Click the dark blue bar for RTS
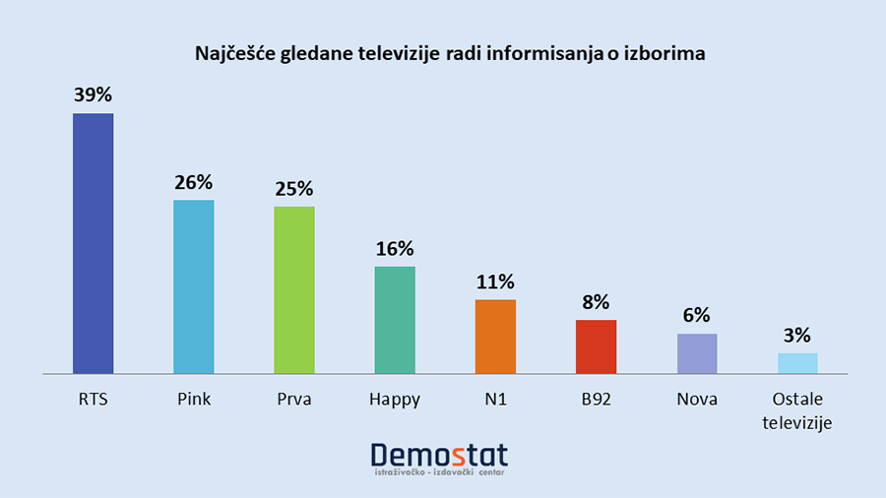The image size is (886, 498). tap(94, 243)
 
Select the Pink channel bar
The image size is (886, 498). tap(194, 286)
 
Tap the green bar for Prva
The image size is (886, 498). tap(294, 289)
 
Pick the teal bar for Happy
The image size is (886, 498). tap(395, 320)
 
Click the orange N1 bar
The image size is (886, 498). tap(495, 337)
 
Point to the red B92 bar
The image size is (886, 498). tap(596, 346)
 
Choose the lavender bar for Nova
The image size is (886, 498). tap(697, 353)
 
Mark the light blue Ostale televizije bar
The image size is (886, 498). tap(797, 363)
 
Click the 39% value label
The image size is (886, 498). tap(94, 95)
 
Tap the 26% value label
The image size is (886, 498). tap(194, 182)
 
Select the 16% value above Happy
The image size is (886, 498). tap(395, 249)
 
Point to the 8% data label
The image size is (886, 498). tap(596, 302)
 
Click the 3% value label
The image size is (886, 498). tap(797, 336)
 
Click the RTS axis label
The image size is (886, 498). tap(94, 400)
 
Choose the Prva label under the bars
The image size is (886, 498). tap(294, 400)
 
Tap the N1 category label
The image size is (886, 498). tap(495, 400)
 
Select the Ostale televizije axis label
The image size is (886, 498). tap(797, 411)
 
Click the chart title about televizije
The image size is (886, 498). tap(442, 54)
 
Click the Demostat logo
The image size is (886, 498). tap(439, 455)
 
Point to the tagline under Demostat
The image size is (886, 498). tap(439, 475)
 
